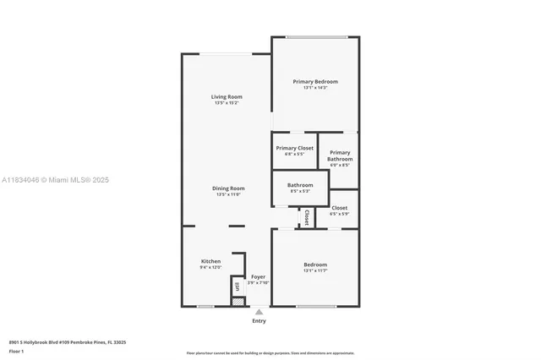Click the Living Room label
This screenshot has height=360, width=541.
click(226, 97)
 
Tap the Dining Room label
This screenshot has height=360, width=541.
click(228, 188)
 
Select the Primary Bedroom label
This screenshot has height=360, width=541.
click(315, 82)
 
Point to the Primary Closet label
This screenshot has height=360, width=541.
click(294, 148)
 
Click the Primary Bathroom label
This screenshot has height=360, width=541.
click(340, 155)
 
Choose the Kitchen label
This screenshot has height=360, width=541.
click(210, 261)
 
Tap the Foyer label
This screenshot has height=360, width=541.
click(258, 276)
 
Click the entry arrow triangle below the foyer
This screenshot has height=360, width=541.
click(259, 312)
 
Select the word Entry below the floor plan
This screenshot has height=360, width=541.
click(259, 321)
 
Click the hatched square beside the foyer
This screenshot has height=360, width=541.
click(238, 300)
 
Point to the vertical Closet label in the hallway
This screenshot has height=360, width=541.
click(306, 216)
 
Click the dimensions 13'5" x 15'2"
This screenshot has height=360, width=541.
click(226, 103)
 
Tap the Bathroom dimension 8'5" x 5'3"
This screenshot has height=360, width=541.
click(300, 191)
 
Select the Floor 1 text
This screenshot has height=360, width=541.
click(16, 351)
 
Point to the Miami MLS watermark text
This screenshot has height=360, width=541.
click(55, 180)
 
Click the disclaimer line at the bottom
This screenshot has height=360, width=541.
click(270, 352)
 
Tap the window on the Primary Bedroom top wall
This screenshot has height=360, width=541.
click(316, 36)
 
